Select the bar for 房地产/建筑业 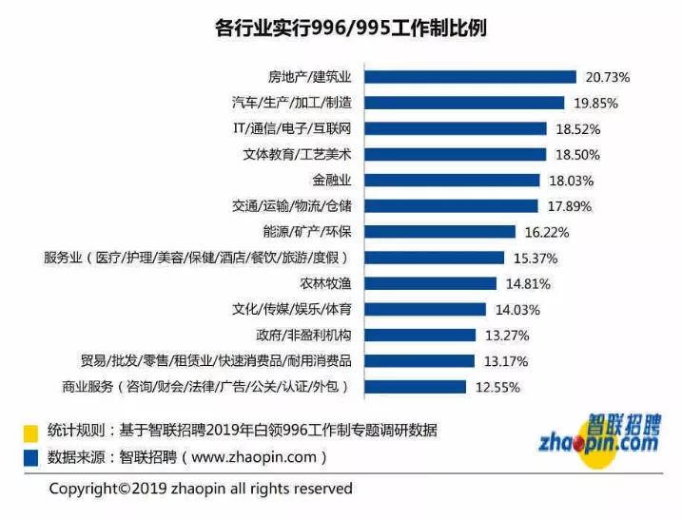tap(471, 77)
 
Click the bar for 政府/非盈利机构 tap(420, 335)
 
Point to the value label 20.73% tap(608, 77)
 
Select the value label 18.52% tap(578, 128)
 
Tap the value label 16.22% tap(547, 231)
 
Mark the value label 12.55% tap(497, 387)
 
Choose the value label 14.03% tap(517, 309)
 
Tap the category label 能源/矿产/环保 tap(306, 231)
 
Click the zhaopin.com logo tap(597, 433)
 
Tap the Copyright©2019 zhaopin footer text tap(201, 489)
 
